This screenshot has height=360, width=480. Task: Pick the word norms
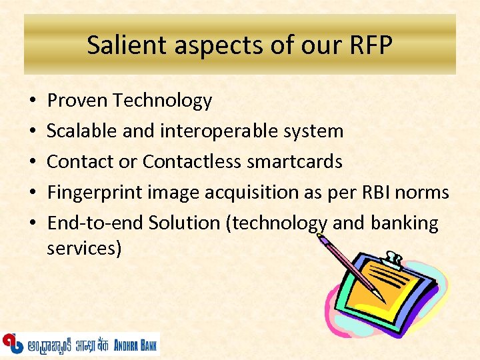[423, 193]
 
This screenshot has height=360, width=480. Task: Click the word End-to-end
[95, 223]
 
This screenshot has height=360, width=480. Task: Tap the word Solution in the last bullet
[184, 223]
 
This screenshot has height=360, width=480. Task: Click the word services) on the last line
[84, 249]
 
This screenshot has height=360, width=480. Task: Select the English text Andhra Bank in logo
[136, 345]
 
